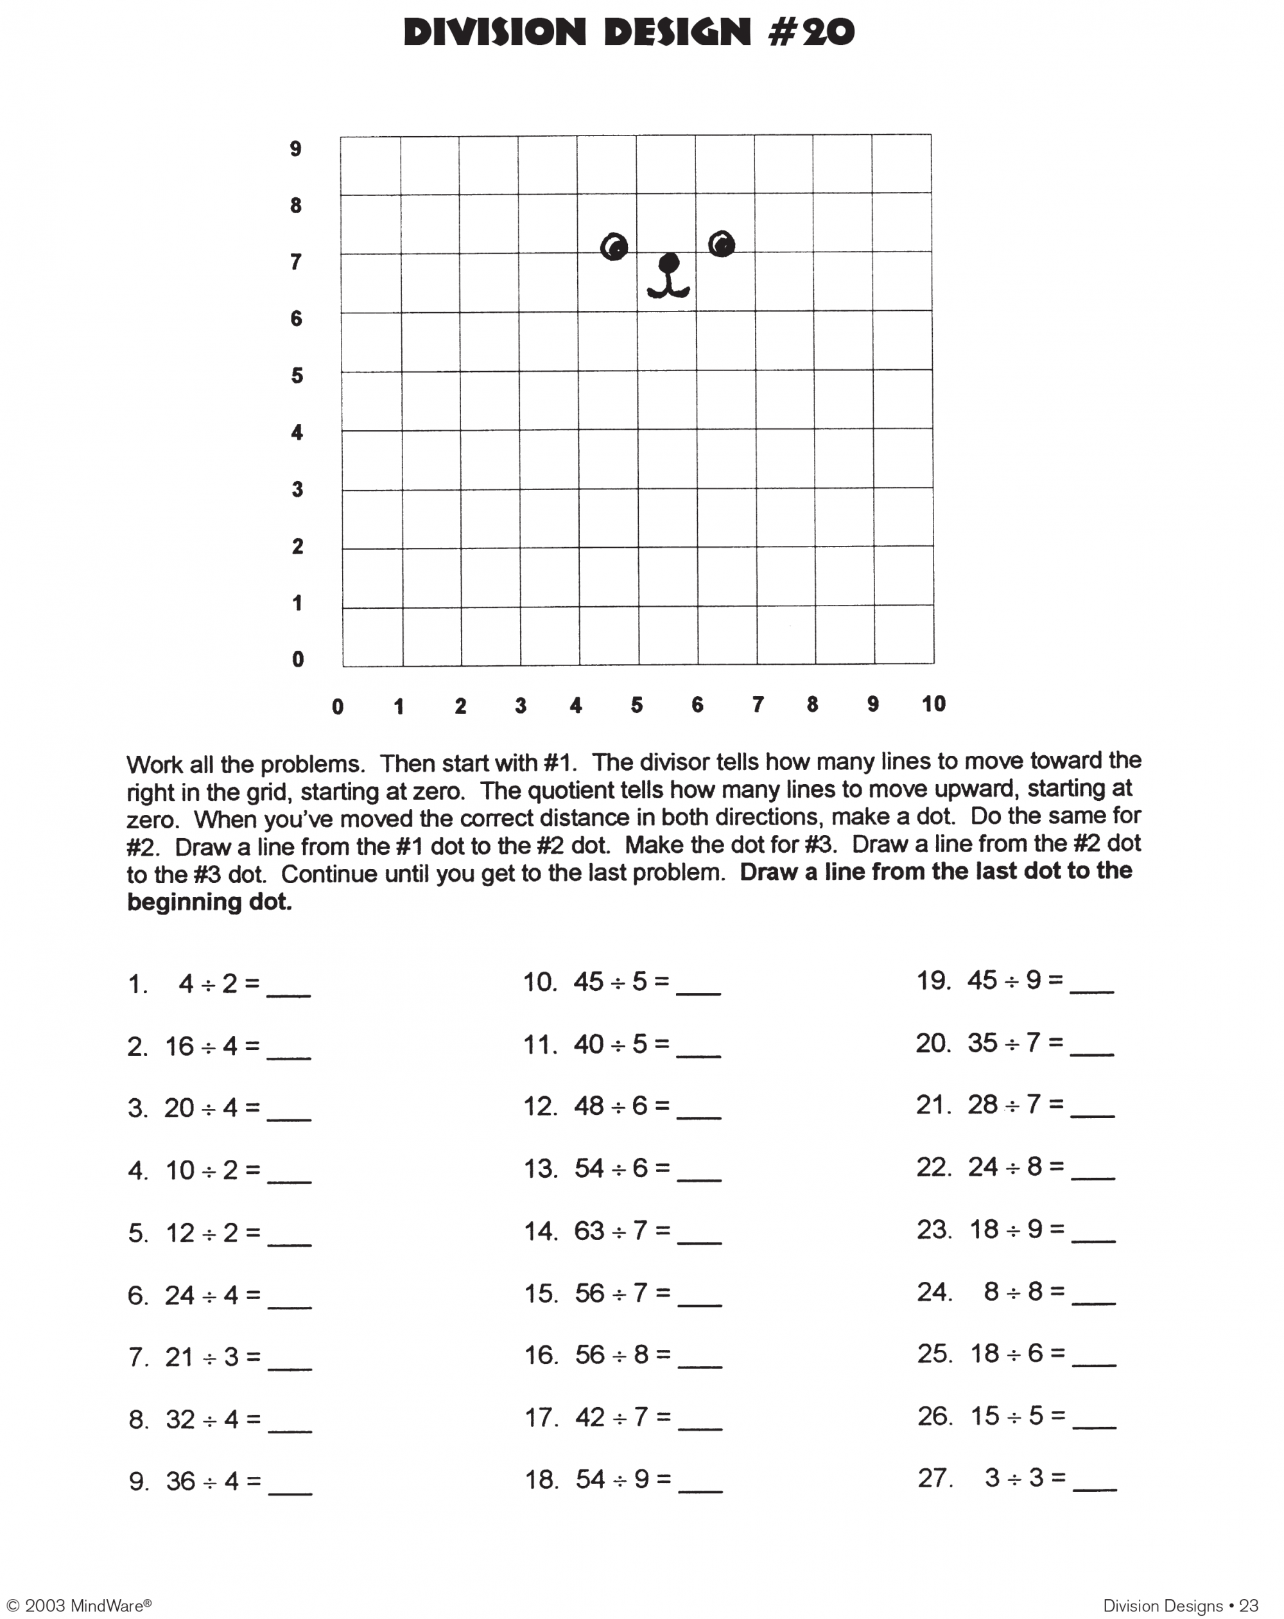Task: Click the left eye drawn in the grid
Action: pyautogui.click(x=614, y=247)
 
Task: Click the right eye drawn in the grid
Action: pyautogui.click(x=721, y=243)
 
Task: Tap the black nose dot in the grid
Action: pyautogui.click(x=668, y=263)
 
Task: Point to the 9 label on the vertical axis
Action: pyautogui.click(x=295, y=149)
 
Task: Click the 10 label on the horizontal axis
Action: pyautogui.click(x=933, y=704)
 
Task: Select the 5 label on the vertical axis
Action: pyautogui.click(x=297, y=376)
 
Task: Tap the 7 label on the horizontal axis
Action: pyautogui.click(x=758, y=704)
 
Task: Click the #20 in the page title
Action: pyautogui.click(x=811, y=32)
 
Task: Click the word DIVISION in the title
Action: pyautogui.click(x=494, y=32)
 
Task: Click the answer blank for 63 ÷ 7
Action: pyautogui.click(x=698, y=1234)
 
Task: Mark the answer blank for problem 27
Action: pyautogui.click(x=1094, y=1482)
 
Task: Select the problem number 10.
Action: pyautogui.click(x=539, y=981)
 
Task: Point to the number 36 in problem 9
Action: pyautogui.click(x=180, y=1481)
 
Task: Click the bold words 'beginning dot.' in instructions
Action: pyautogui.click(x=209, y=901)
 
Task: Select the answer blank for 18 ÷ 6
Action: pyautogui.click(x=1093, y=1358)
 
